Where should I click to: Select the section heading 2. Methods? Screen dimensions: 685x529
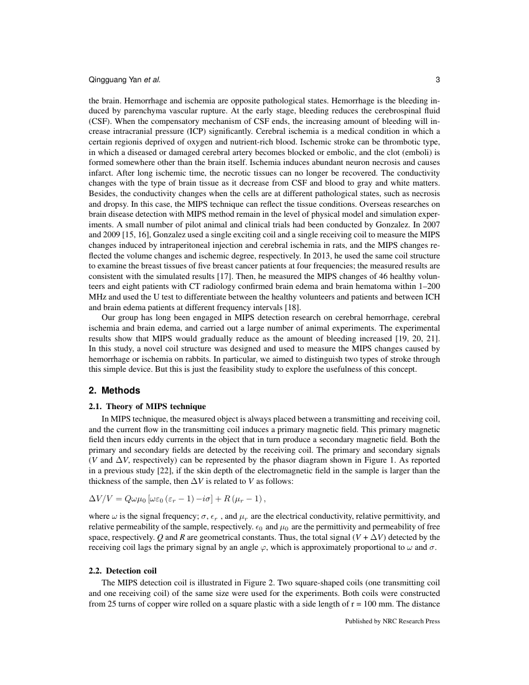[115, 390]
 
